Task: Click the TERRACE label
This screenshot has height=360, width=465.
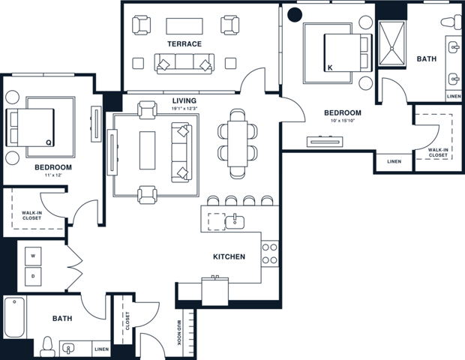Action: (184, 43)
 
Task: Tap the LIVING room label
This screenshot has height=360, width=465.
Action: (184, 100)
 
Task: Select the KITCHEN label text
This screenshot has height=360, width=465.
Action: (229, 256)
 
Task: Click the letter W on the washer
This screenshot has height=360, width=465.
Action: (33, 256)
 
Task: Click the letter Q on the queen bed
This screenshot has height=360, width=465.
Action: (48, 141)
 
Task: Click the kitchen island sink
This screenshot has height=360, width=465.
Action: (235, 220)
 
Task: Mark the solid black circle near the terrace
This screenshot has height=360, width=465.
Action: (295, 13)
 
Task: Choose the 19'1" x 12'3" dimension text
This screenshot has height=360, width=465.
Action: (184, 109)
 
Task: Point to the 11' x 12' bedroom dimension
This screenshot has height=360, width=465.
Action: (52, 175)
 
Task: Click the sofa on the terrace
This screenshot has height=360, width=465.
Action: (184, 64)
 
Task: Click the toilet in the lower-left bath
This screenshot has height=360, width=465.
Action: (47, 346)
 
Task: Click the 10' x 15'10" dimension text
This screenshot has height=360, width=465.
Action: (342, 121)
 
